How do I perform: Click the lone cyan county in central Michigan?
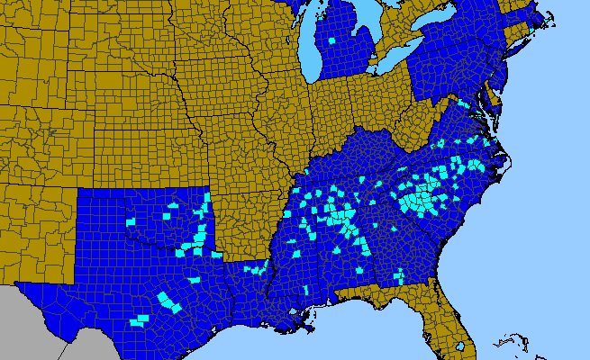point(334,40)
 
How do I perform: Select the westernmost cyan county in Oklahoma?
point(130,220)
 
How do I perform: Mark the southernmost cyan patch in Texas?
point(139,320)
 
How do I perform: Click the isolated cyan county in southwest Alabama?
point(307,289)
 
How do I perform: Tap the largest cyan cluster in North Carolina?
point(420,200)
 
